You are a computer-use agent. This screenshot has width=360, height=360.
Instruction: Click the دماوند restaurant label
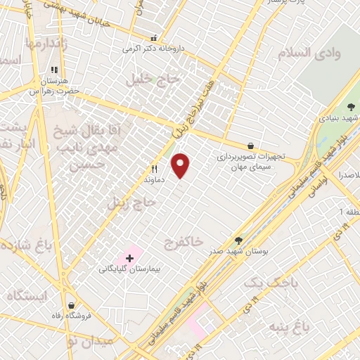click(154, 180)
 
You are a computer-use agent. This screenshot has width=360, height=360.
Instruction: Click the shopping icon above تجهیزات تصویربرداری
click(251, 146)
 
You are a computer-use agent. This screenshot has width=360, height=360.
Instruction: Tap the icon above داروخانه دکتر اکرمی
click(153, 38)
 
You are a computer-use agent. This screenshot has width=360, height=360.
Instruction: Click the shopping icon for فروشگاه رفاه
click(72, 305)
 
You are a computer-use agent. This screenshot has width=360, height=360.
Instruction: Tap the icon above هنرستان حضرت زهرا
click(54, 70)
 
